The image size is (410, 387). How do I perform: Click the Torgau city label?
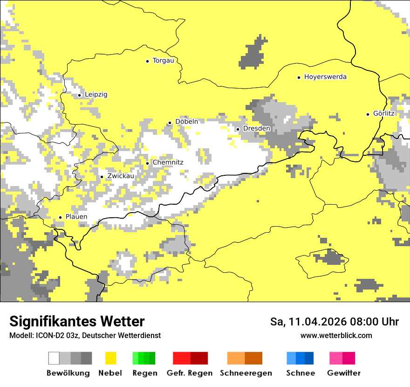tap(163, 61)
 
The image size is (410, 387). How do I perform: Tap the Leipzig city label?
tap(96, 95)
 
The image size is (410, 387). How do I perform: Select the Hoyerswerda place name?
tap(325, 77)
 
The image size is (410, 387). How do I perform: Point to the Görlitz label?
tap(384, 114)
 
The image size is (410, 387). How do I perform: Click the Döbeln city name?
tap(186, 122)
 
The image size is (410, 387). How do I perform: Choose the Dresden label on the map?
tap(256, 129)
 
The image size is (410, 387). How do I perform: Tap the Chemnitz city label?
tap(168, 162)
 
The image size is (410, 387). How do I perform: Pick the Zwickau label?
tap(121, 176)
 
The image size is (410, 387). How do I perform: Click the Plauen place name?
tap(76, 217)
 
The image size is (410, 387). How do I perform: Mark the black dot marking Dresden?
tap(238, 129)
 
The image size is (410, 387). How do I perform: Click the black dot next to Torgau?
tap(148, 61)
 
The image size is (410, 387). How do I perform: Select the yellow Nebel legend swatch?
tap(110, 358)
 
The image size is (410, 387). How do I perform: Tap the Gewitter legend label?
tap(343, 373)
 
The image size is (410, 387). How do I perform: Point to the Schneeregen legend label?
tap(246, 373)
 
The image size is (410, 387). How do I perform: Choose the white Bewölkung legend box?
tap(54, 358)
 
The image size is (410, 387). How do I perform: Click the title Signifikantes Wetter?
tap(77, 321)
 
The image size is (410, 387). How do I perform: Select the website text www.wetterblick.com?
tap(336, 336)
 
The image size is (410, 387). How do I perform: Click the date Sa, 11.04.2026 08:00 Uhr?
tap(335, 322)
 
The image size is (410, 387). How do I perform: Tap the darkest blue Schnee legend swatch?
tap(309, 358)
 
